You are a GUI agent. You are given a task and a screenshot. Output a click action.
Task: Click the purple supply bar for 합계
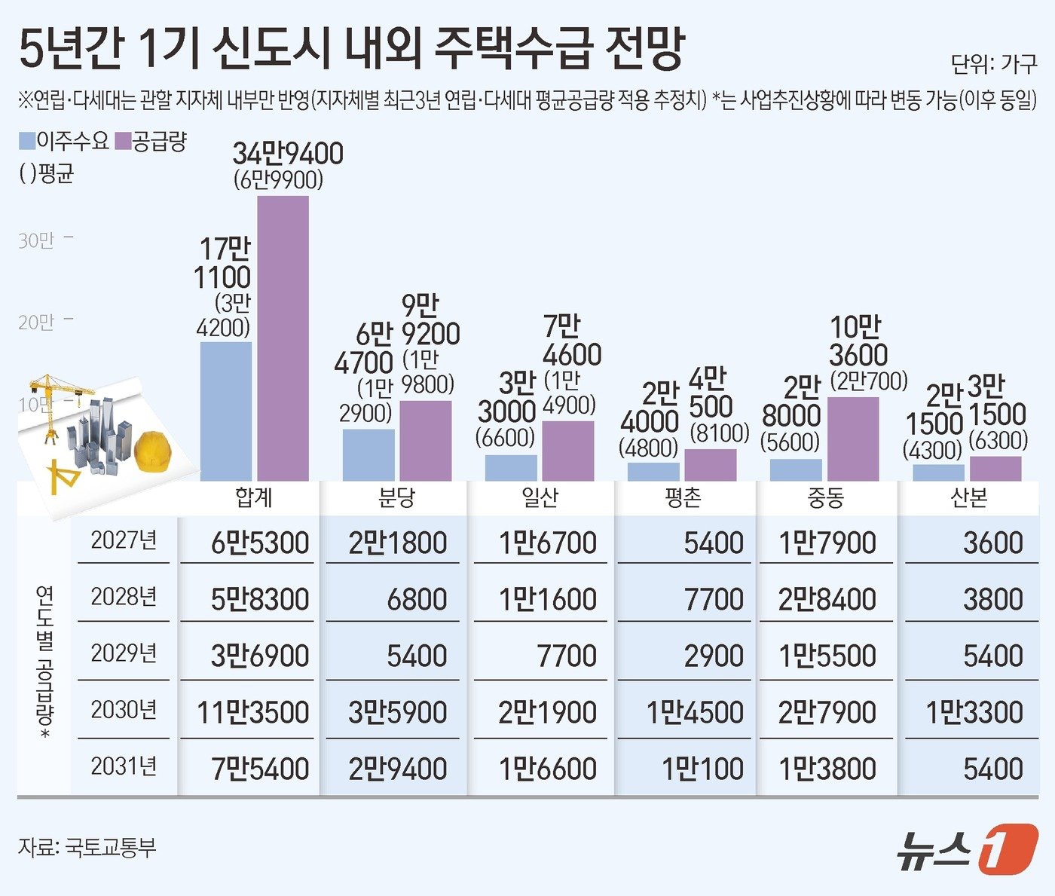click(283, 339)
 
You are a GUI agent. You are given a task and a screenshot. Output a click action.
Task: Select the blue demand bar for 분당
click(368, 455)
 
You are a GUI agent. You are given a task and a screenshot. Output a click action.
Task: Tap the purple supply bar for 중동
click(853, 439)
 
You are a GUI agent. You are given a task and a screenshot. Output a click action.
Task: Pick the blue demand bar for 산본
click(938, 473)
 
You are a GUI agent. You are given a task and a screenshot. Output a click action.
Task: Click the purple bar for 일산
click(568, 451)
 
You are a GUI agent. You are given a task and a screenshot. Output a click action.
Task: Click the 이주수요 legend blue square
click(27, 141)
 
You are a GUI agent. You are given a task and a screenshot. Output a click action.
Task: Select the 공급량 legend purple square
click(123, 141)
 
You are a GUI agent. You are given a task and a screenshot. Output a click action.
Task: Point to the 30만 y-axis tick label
click(36, 241)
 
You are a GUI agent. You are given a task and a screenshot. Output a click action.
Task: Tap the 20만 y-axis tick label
click(36, 323)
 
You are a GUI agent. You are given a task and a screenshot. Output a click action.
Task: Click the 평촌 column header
click(683, 497)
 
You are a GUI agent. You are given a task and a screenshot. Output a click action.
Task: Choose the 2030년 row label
click(124, 710)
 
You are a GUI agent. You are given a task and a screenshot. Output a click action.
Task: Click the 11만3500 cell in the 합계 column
click(253, 712)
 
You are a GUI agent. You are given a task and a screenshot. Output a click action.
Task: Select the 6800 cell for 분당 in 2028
click(417, 599)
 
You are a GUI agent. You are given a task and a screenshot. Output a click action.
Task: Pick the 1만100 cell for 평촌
click(702, 769)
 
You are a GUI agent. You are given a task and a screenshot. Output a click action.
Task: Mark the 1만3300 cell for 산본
click(974, 712)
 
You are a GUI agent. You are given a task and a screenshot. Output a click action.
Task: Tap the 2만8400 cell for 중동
click(827, 599)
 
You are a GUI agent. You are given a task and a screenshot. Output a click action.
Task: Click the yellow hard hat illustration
click(152, 451)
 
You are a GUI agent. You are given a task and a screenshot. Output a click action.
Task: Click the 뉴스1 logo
click(967, 850)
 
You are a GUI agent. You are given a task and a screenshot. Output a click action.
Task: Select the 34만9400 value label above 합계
click(287, 154)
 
